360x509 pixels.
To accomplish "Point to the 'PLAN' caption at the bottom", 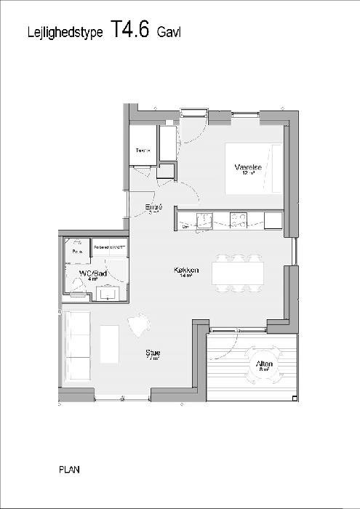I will pos(69,470).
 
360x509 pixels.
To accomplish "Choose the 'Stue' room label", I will pos(153,353).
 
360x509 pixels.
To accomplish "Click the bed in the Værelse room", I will pos(253,169).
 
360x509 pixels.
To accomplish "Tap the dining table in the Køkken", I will pos(238,273).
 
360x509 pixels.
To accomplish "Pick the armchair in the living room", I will pos(139,326).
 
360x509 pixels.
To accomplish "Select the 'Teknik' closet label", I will pos(143,151).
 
